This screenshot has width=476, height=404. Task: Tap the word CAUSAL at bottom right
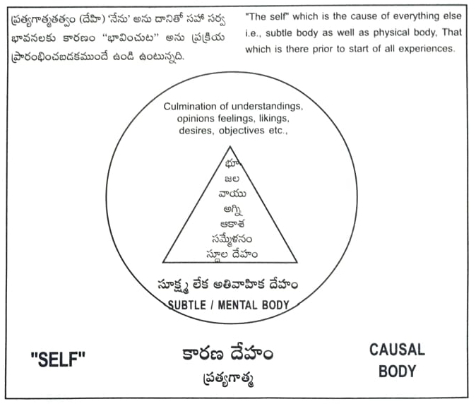[397, 350]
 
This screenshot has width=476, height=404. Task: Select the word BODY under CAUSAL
[397, 371]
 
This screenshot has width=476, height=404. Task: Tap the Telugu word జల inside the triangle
[231, 179]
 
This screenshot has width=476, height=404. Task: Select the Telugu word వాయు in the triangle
[231, 194]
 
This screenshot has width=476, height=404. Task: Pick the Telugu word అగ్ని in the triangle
[231, 210]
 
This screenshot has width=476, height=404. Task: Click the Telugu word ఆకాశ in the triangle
[231, 225]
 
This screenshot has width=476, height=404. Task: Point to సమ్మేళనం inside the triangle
[231, 239]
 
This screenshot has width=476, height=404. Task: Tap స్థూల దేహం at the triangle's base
[231, 254]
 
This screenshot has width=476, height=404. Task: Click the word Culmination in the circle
[193, 107]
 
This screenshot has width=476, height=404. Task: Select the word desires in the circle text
[195, 131]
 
